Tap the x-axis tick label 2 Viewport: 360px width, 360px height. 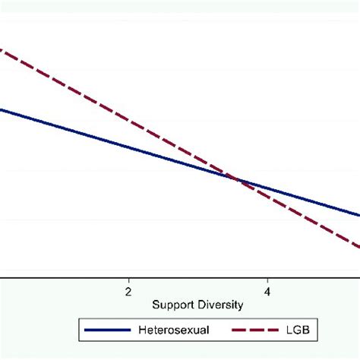(128, 291)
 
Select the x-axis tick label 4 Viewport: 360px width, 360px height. (267, 291)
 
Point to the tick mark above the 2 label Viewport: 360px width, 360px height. (128, 280)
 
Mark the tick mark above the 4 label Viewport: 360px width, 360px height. (267, 280)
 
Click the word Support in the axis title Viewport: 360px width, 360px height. (173, 305)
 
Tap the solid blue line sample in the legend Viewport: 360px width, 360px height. (109, 330)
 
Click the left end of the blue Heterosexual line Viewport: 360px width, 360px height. (2, 110)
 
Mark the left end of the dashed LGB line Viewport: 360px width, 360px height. (2, 50)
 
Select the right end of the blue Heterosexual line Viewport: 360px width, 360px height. (358, 215)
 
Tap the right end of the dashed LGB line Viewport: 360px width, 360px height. (358, 246)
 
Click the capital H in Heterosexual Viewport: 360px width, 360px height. (141, 330)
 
